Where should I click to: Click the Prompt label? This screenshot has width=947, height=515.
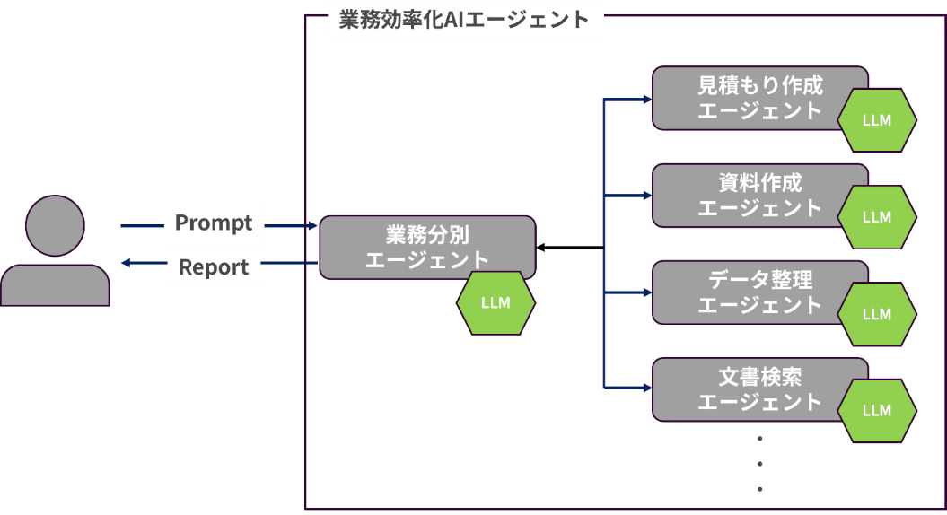[x=214, y=223]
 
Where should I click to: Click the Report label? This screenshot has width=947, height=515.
[x=214, y=267]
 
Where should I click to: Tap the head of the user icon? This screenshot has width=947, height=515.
[x=55, y=225]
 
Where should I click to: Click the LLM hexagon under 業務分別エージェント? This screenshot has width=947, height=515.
[x=495, y=302]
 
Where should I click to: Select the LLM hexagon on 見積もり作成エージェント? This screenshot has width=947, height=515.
[x=877, y=120]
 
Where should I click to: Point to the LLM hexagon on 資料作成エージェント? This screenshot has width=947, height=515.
[x=877, y=217]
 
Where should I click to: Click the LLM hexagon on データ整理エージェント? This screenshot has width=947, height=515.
[x=877, y=314]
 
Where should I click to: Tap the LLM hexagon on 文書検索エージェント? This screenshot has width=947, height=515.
[x=877, y=411]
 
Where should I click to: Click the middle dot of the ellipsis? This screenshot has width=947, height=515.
[x=760, y=464]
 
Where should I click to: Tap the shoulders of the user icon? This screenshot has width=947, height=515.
[x=55, y=285]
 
